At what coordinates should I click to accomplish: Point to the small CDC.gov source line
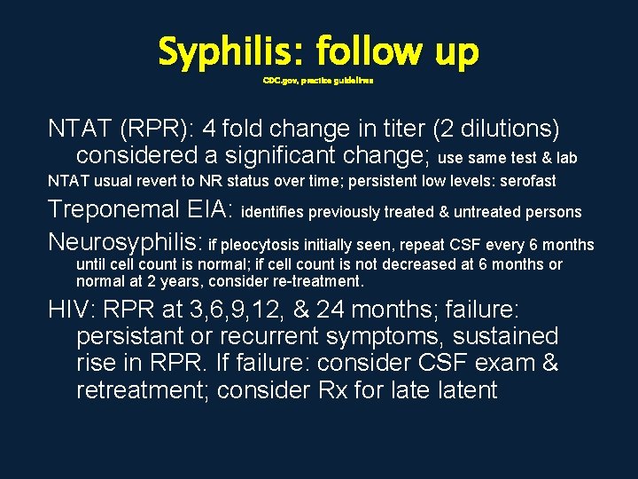(318, 80)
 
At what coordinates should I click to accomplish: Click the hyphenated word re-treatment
(319, 282)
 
